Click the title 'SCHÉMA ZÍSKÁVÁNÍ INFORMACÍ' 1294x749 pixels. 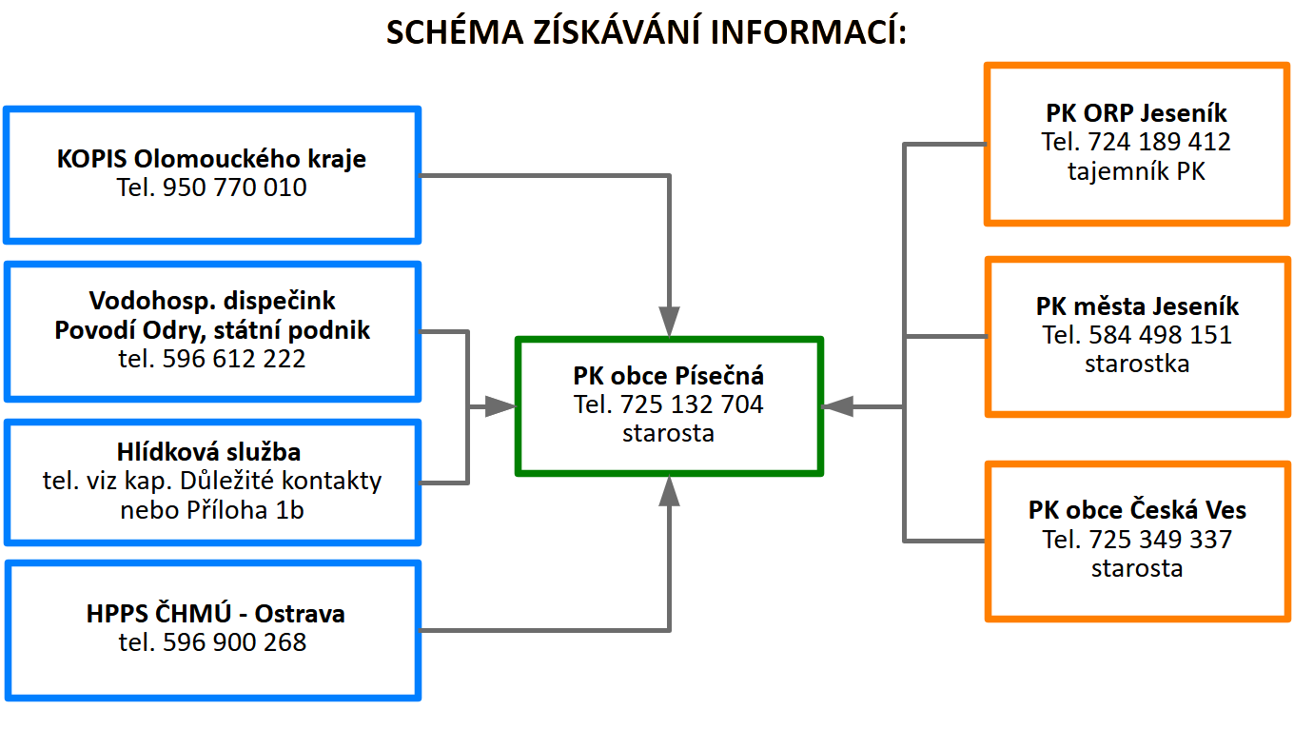(x=647, y=31)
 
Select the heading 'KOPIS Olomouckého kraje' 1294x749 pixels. (x=211, y=158)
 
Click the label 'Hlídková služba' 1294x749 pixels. (x=212, y=451)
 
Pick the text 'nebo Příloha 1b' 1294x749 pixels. (x=212, y=510)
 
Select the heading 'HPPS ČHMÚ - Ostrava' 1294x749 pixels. (x=215, y=614)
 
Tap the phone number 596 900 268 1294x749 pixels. (x=234, y=642)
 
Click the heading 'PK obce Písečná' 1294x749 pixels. (x=668, y=375)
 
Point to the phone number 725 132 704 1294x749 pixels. (x=692, y=404)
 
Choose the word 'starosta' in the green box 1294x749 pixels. (x=668, y=433)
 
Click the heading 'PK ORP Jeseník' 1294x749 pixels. (x=1136, y=113)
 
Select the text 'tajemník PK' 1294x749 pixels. (x=1136, y=172)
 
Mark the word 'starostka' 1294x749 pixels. (x=1137, y=364)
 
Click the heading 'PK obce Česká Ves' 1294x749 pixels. (x=1137, y=510)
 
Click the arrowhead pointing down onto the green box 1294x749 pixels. (x=669, y=322)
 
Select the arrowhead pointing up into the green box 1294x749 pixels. (x=669, y=491)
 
